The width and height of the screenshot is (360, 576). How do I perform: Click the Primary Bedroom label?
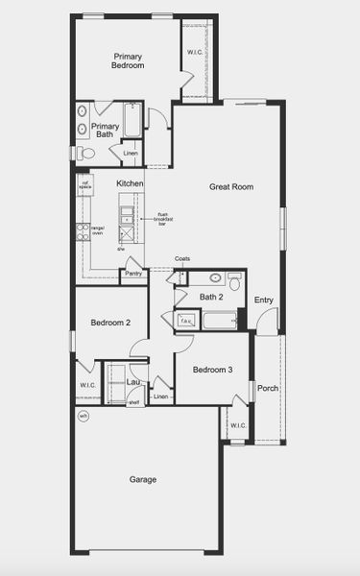click(128, 60)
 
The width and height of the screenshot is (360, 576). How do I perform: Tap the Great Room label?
click(230, 186)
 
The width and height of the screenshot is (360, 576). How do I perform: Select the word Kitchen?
click(131, 182)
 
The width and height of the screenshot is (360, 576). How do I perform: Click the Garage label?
click(143, 479)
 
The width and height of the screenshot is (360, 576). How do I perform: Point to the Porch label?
click(267, 389)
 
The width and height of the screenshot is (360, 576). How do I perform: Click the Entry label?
click(264, 300)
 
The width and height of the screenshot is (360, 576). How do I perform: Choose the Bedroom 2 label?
click(110, 324)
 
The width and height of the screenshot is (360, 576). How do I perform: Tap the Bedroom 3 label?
click(212, 370)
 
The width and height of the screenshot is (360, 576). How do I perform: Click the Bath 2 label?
click(211, 297)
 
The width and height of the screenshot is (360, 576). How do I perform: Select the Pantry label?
click(134, 274)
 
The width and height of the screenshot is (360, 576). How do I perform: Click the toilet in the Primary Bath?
click(87, 153)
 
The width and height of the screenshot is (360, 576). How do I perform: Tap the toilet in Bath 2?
click(233, 279)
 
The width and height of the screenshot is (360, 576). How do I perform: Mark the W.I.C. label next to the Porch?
click(237, 425)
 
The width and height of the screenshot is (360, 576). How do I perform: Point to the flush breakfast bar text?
click(162, 219)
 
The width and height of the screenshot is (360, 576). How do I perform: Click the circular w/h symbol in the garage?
click(84, 416)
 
